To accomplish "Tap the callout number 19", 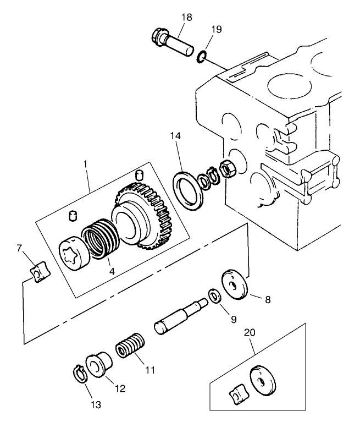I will (217, 29).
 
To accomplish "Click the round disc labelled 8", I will (234, 285).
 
